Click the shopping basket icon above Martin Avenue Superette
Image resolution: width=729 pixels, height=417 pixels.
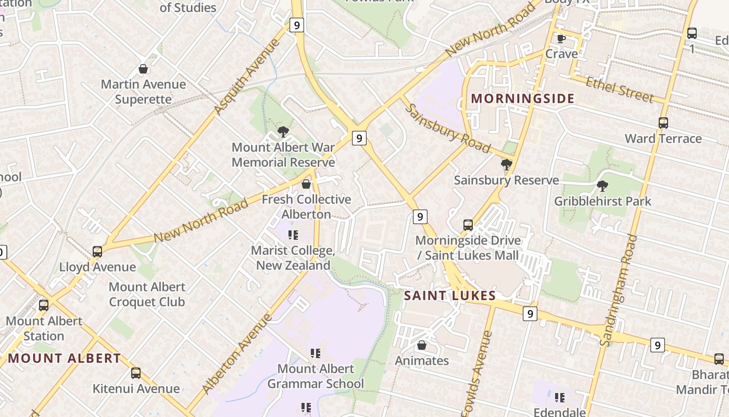click(x=143, y=69)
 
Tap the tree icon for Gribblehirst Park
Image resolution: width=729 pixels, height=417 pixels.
click(x=602, y=186)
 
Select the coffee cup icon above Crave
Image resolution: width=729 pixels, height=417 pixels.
click(x=561, y=39)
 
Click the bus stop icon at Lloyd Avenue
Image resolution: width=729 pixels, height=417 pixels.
click(x=97, y=252)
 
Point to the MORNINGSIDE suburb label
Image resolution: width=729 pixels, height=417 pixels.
click(x=523, y=99)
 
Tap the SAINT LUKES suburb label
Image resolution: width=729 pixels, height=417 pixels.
click(x=450, y=296)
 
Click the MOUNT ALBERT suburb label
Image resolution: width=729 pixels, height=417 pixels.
click(x=65, y=358)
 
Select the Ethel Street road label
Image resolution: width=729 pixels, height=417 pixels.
click(x=619, y=89)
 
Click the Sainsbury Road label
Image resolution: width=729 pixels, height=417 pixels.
click(x=447, y=128)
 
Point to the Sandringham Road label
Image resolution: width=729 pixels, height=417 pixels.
click(x=618, y=290)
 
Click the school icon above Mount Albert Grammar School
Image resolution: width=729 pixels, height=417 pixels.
click(x=316, y=353)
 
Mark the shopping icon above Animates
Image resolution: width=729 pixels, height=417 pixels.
click(x=422, y=345)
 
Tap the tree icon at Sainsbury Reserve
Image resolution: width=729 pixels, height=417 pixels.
click(x=506, y=165)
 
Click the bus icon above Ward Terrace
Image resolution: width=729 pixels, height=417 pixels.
click(x=663, y=123)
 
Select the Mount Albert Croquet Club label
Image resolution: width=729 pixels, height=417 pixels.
click(x=147, y=294)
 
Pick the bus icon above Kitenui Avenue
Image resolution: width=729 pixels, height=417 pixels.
click(x=136, y=373)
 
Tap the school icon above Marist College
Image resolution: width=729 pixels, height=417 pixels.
click(x=293, y=235)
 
